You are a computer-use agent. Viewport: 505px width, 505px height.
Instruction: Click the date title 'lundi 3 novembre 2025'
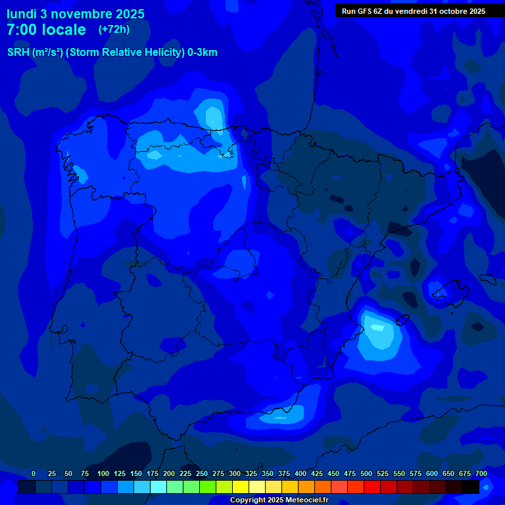click(76, 14)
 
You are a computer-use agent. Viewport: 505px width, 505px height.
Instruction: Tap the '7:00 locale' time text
click(46, 30)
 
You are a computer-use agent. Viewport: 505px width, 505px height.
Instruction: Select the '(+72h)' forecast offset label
click(114, 30)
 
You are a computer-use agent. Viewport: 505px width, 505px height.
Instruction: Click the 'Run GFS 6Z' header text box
click(413, 11)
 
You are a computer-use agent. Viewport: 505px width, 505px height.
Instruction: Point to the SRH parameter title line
click(112, 53)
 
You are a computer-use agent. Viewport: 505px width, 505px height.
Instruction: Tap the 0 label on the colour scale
click(34, 473)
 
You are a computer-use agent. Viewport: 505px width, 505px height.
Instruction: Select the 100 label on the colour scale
click(103, 473)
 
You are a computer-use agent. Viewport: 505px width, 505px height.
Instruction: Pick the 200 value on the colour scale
click(169, 473)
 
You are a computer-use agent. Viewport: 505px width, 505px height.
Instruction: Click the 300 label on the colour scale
click(235, 473)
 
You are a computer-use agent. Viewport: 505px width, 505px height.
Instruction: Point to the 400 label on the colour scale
click(301, 473)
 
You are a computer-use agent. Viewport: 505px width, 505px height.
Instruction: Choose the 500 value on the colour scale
click(366, 473)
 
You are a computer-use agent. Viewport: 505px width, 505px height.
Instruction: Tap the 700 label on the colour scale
click(481, 473)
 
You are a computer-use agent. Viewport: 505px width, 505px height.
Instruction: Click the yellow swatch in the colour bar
click(241, 487)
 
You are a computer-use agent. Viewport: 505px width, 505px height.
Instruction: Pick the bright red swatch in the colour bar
click(372, 487)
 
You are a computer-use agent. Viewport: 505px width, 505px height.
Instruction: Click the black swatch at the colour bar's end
click(471, 487)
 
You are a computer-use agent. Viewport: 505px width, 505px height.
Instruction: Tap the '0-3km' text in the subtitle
click(202, 53)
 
